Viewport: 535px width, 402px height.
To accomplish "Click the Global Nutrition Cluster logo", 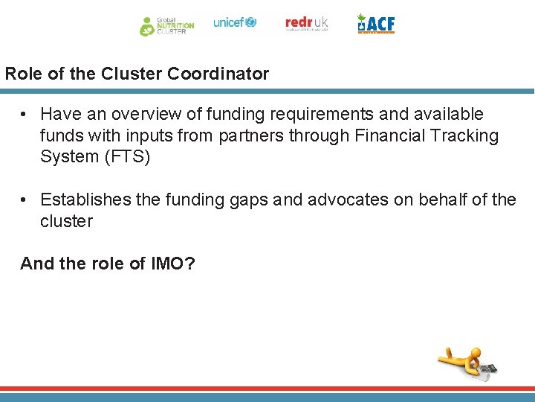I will click(166, 25).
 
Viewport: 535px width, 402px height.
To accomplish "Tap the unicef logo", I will click(235, 22).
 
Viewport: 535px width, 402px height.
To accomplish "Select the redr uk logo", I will click(306, 23).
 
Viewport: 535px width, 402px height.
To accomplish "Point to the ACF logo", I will click(376, 24).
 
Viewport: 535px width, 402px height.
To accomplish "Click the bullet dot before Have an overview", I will click(25, 115).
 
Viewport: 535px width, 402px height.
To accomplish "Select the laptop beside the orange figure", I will click(487, 369).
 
